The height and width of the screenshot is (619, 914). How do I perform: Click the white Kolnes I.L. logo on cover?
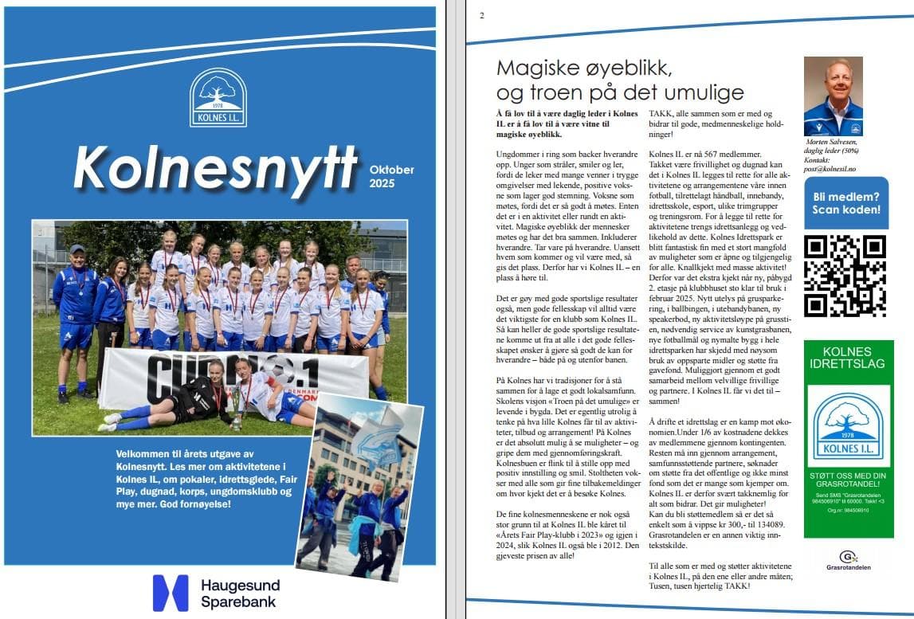tap(218, 97)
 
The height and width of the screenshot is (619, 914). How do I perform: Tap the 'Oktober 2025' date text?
tap(392, 176)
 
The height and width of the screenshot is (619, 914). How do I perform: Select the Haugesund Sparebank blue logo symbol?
tap(171, 593)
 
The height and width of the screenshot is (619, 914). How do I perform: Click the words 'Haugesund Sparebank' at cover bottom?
tap(240, 594)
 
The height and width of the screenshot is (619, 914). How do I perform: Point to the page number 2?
tap(482, 16)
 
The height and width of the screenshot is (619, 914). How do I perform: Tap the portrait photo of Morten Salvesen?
tap(833, 96)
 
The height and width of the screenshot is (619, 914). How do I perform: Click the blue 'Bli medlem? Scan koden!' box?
tap(845, 203)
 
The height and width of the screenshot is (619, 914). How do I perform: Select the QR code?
tap(845, 276)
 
